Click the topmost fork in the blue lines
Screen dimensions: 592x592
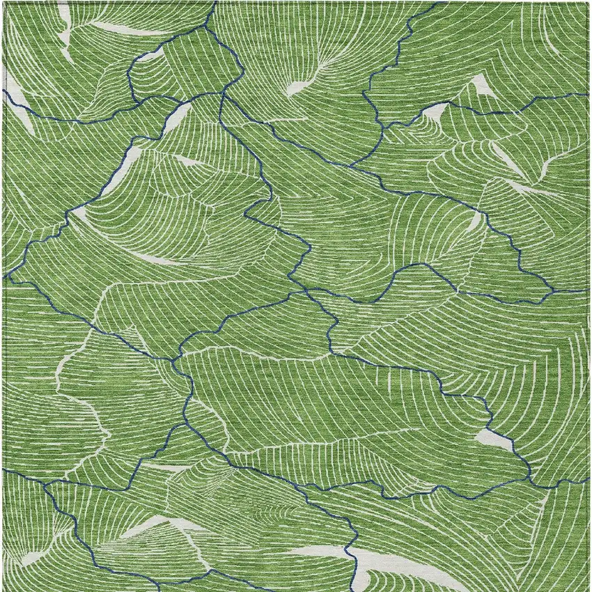tap(206, 28)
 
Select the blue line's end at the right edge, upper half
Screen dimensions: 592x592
tap(589, 95)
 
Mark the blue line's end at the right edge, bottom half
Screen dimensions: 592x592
tap(589, 479)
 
